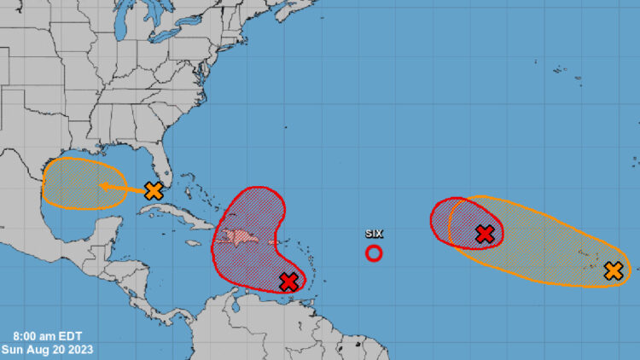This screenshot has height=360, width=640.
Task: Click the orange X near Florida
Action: point(154,190)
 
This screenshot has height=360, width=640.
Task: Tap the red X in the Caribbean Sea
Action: point(288,281)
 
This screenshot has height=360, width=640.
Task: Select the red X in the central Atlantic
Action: point(485,233)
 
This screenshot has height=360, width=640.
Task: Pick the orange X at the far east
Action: point(613,271)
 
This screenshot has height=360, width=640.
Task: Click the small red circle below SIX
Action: point(374,253)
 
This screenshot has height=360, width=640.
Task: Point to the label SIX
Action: point(374,233)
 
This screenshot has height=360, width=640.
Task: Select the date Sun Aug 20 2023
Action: point(47,348)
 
